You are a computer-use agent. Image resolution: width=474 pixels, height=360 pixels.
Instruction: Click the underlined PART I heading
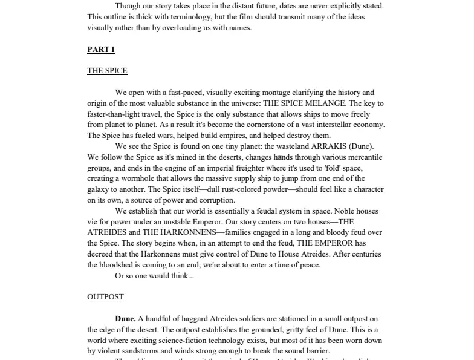coord(100,50)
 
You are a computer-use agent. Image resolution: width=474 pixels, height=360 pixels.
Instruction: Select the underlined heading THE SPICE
coord(107,71)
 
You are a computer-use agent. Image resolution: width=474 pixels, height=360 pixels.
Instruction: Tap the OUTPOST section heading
coord(105,297)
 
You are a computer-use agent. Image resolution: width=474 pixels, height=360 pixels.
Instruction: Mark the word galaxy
coord(99,189)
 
